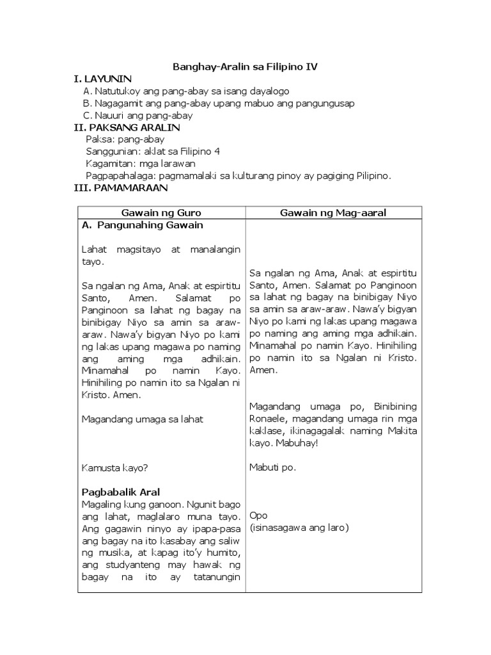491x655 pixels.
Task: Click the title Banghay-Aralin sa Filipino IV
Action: point(245,66)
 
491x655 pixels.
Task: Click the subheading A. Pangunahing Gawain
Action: point(143,225)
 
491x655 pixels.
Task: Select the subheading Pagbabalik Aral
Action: point(121,492)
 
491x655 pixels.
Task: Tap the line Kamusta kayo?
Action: point(115,468)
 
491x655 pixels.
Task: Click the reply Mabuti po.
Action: point(272,468)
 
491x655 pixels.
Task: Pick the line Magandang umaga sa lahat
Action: point(143,419)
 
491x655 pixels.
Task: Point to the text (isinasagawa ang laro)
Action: point(290,528)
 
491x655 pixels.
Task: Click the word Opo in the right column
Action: point(258,516)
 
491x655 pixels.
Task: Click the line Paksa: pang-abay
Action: point(125,139)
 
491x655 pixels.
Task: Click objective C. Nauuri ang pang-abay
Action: point(138,115)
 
